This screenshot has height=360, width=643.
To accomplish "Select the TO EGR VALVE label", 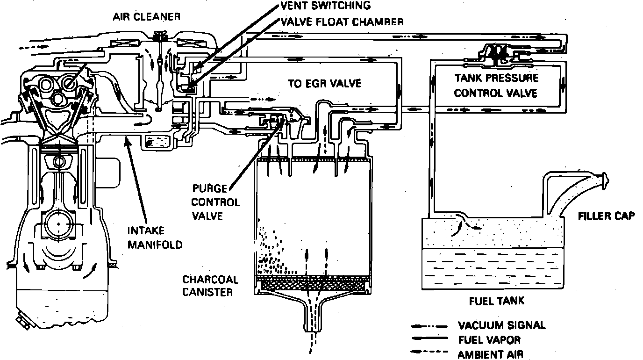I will tap(324, 84).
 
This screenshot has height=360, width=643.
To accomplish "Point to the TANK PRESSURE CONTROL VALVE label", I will tap(496, 86).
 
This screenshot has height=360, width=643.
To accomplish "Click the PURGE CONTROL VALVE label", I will tap(215, 202).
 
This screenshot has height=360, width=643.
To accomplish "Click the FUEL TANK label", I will tap(496, 301).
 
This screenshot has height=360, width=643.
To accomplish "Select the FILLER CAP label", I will tap(606, 216).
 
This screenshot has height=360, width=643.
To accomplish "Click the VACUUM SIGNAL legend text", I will tap(501, 325).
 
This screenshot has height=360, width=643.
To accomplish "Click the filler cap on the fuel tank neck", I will tap(605, 179).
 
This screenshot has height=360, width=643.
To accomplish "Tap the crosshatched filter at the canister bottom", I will tap(314, 283).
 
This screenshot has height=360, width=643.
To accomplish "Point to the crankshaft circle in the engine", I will tap(58, 225).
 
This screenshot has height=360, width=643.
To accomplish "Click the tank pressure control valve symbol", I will tap(500, 52).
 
